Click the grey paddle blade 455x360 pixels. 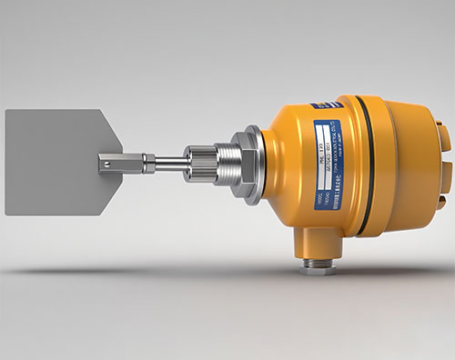[50, 162]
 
